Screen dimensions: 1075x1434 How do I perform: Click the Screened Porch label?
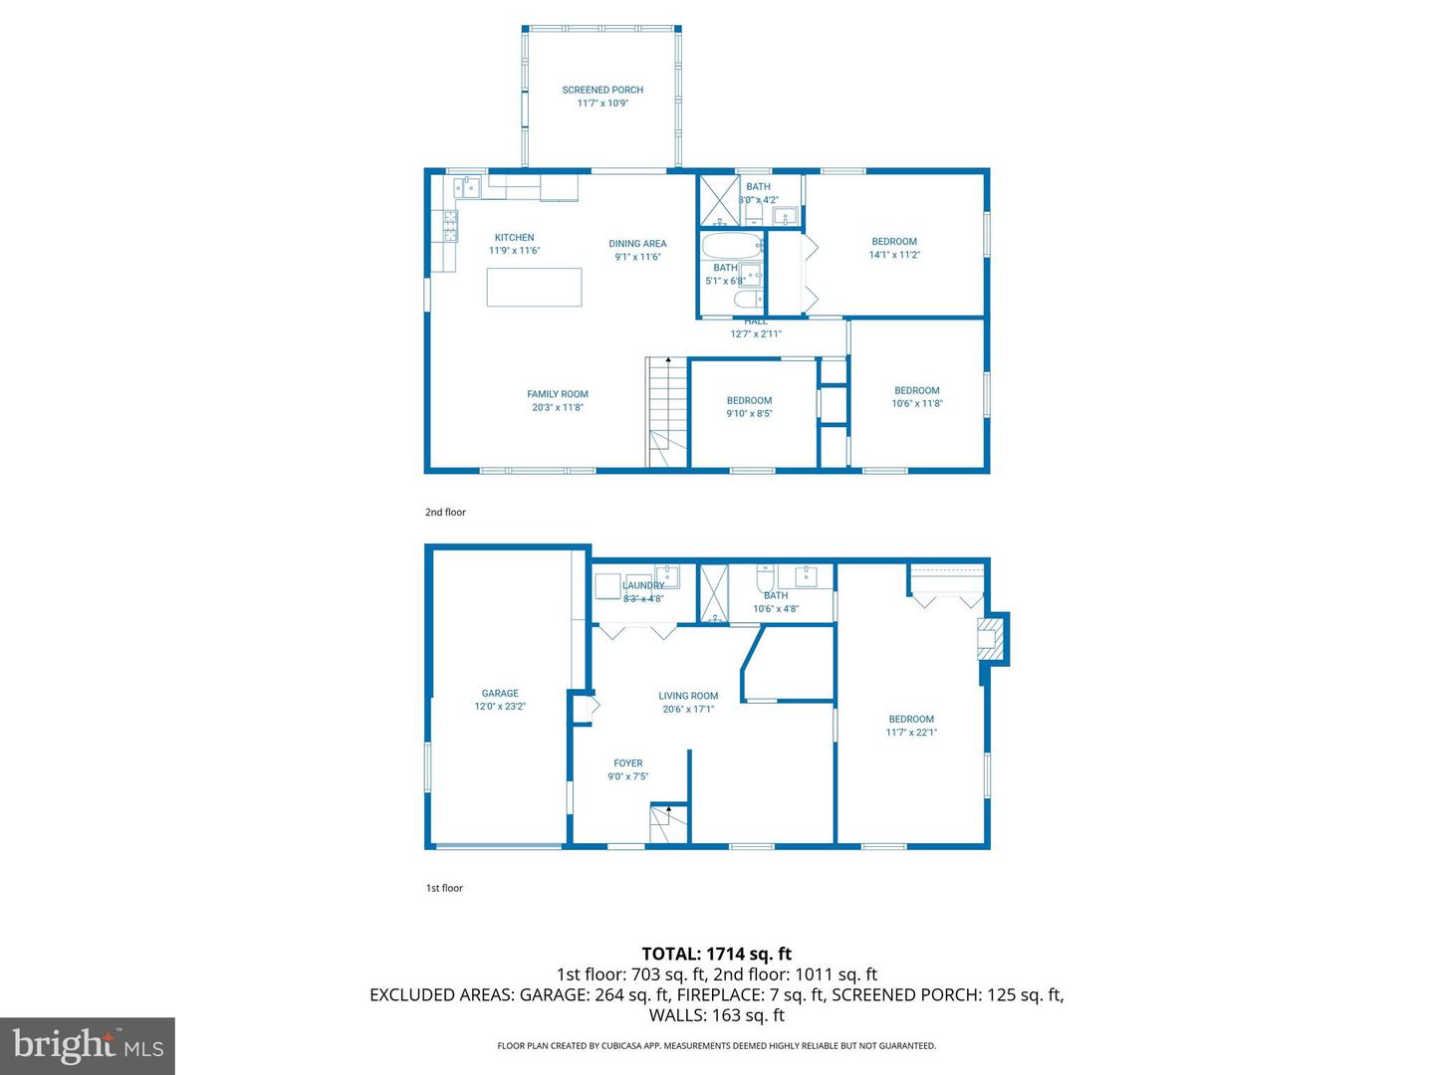click(x=602, y=90)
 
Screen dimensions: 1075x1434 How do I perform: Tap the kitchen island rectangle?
click(x=534, y=287)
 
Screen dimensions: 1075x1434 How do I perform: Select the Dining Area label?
click(x=637, y=244)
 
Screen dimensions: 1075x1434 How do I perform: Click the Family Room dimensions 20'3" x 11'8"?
click(x=558, y=407)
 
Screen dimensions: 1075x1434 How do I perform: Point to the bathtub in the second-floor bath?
click(x=732, y=246)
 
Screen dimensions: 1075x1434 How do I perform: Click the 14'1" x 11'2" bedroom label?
click(x=894, y=248)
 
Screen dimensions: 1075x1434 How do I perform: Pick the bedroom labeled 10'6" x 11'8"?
click(x=916, y=397)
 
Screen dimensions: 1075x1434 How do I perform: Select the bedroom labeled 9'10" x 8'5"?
click(x=749, y=407)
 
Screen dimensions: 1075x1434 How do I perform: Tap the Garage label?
click(x=500, y=694)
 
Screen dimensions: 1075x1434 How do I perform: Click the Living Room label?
click(x=688, y=697)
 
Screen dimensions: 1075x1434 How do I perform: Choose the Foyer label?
click(x=627, y=763)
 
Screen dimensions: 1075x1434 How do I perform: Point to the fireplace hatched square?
click(x=990, y=638)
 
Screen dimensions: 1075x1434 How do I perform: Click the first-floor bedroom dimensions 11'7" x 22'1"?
click(x=911, y=733)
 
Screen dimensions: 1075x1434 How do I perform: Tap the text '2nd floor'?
click(x=445, y=513)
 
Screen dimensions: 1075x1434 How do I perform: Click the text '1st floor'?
click(x=444, y=888)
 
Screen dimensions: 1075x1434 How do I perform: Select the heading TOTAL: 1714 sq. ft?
click(x=716, y=954)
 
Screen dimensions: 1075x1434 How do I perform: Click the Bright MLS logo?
click(x=88, y=1045)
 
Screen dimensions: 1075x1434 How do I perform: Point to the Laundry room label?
click(x=643, y=585)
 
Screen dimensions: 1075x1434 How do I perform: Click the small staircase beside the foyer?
click(x=668, y=826)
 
